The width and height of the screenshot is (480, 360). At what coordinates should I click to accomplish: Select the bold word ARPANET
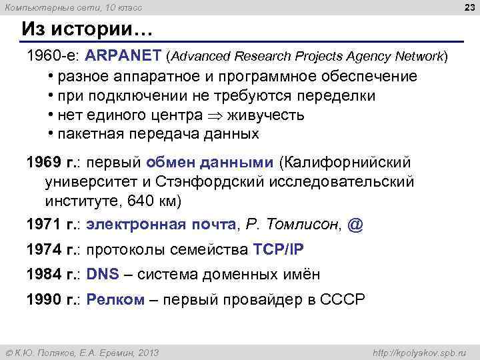[x=124, y=55]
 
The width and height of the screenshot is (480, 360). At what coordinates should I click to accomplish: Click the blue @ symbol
[x=355, y=225]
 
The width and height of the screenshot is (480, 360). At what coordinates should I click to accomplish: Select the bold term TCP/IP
[x=279, y=250]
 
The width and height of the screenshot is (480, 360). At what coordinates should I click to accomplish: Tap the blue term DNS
[x=103, y=275]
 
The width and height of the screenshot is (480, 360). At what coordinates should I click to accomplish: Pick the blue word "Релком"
[x=115, y=299]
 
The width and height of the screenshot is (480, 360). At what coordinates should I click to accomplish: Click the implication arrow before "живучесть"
[x=215, y=115]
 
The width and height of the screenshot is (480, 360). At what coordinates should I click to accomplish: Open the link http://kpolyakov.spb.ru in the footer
[x=418, y=351]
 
